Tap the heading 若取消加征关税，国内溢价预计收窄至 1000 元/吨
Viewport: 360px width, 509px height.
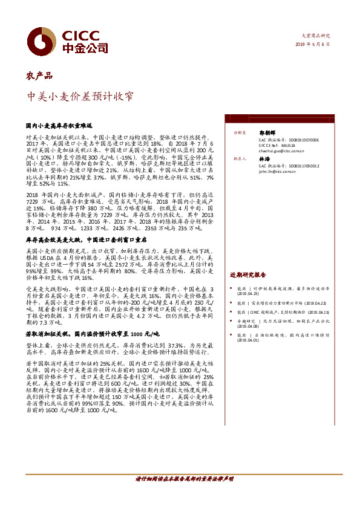(x=92, y=333)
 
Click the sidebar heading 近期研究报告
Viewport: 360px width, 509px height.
(x=247, y=274)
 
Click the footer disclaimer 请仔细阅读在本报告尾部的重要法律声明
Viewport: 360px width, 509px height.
(x=184, y=478)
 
